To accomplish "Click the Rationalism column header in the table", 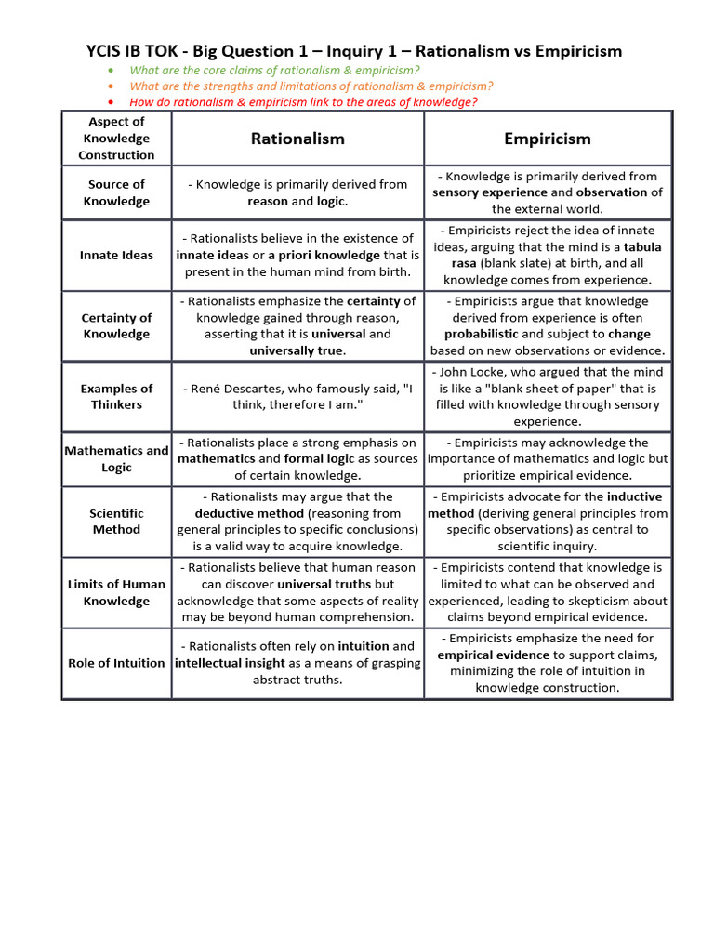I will pyautogui.click(x=297, y=139).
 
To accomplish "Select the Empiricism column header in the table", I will pyautogui.click(x=547, y=139).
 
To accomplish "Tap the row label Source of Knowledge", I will pyautogui.click(x=116, y=192).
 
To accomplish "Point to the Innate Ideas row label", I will pyautogui.click(x=116, y=255).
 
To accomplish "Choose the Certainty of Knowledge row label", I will pyautogui.click(x=116, y=325).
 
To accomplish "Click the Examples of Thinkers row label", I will pyautogui.click(x=116, y=396).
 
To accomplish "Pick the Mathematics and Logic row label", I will pyautogui.click(x=116, y=458).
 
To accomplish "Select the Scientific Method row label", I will pyautogui.click(x=116, y=521).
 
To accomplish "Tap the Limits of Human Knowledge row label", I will pyautogui.click(x=116, y=592).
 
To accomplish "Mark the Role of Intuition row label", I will pyautogui.click(x=116, y=663).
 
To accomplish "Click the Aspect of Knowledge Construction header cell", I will pyautogui.click(x=116, y=138).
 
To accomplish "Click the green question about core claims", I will pyautogui.click(x=274, y=71).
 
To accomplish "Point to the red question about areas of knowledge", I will pyautogui.click(x=303, y=102).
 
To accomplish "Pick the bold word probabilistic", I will pyautogui.click(x=481, y=334).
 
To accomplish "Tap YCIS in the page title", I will pyautogui.click(x=107, y=51).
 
